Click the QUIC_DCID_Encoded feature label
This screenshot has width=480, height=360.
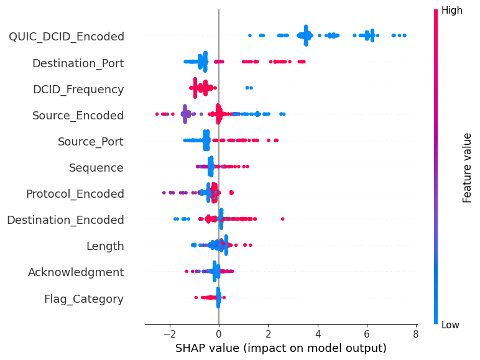click(x=66, y=37)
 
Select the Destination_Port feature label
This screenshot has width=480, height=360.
click(x=78, y=63)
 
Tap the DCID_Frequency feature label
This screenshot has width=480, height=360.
click(x=78, y=90)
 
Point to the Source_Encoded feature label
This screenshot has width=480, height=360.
click(x=78, y=116)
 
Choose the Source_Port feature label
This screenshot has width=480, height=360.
click(x=91, y=142)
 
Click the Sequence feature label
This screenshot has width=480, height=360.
click(x=96, y=168)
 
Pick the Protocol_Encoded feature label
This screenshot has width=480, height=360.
click(x=75, y=194)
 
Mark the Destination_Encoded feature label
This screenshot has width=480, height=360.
click(x=65, y=220)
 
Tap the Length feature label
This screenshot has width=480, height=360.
click(x=105, y=246)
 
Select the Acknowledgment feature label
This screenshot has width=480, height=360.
click(x=76, y=272)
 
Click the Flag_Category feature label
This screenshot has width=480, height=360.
click(x=84, y=299)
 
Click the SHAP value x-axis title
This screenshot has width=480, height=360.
click(x=281, y=348)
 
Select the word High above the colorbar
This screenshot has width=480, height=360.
click(x=452, y=10)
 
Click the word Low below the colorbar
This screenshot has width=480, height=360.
click(x=451, y=325)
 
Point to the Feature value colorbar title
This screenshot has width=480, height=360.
click(x=468, y=167)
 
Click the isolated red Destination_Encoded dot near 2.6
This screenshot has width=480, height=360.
click(x=283, y=219)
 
